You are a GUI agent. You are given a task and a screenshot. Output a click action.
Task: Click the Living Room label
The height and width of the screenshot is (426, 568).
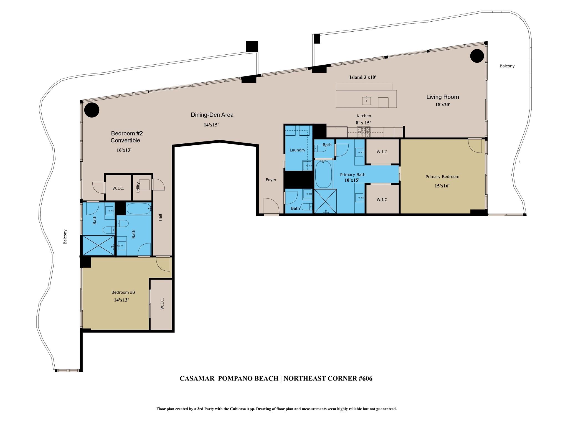click(x=442, y=97)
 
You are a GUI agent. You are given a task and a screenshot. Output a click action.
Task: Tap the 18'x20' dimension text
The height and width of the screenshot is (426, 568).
click(x=443, y=105)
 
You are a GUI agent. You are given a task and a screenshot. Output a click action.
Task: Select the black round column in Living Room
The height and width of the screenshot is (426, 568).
click(x=477, y=56)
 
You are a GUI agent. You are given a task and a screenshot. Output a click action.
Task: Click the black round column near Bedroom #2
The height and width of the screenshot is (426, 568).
click(x=92, y=110)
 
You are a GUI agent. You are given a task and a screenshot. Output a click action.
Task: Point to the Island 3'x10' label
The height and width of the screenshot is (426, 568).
click(x=362, y=77)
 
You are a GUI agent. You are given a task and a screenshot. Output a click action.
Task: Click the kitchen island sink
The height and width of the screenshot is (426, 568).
click(x=366, y=101)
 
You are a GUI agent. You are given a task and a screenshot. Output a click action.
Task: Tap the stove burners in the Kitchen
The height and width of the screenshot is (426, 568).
click(x=364, y=132)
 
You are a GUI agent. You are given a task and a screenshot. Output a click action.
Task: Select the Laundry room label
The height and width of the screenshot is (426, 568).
click(x=297, y=150)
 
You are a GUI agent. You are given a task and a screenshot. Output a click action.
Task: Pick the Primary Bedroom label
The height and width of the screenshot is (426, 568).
click(x=442, y=177)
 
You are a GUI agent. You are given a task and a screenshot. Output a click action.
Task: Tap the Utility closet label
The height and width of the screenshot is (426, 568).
click(x=138, y=188)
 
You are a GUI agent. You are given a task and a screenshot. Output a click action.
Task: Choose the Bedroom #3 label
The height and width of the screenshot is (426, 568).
click(x=123, y=292)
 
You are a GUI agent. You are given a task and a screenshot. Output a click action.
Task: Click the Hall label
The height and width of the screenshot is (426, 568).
click(x=160, y=217)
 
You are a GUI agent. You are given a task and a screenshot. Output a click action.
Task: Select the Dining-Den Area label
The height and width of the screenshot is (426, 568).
click(x=212, y=115)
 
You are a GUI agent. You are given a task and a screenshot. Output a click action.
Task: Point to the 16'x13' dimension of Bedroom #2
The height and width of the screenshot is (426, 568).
click(x=124, y=150)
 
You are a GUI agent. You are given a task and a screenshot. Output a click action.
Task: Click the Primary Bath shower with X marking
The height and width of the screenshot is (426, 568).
click(x=325, y=201)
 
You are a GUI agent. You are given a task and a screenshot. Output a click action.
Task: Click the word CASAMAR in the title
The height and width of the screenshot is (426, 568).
click(x=197, y=379)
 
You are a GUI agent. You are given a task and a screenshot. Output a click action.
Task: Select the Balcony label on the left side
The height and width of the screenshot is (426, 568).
click(x=65, y=237)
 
